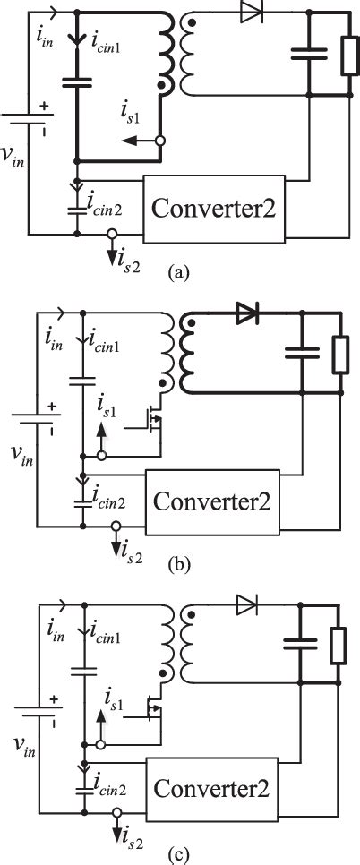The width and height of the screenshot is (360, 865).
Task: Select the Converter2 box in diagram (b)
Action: click(211, 498)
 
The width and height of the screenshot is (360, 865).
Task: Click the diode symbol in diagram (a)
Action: click(250, 16)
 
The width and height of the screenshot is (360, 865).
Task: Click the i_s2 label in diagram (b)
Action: click(129, 552)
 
